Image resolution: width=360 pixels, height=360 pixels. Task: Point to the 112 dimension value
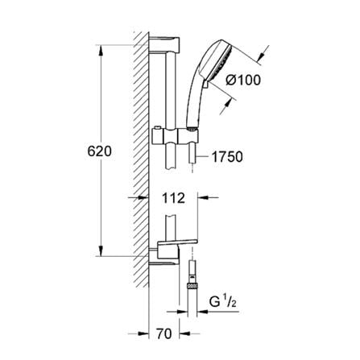coord(173,197)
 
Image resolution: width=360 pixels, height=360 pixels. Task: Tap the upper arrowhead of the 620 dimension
coord(101,50)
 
